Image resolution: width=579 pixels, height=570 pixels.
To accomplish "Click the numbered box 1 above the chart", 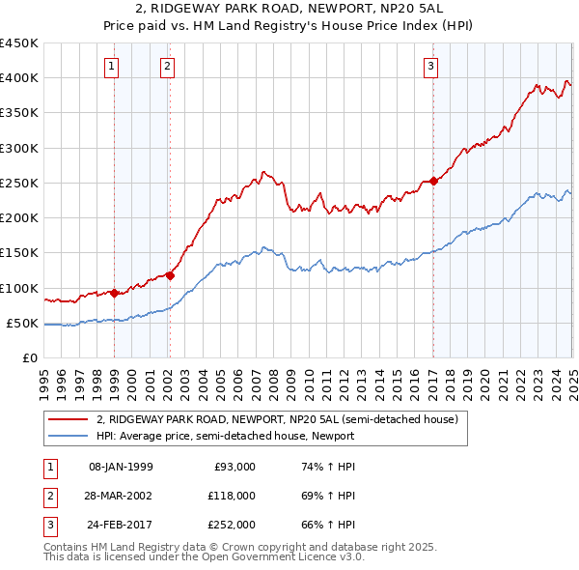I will pyautogui.click(x=114, y=67).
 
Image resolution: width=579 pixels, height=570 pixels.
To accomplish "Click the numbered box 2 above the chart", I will pyautogui.click(x=168, y=67).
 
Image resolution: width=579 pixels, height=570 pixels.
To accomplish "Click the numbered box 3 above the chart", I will pyautogui.click(x=430, y=67).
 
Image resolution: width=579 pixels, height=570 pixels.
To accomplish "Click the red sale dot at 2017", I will pyautogui.click(x=433, y=181).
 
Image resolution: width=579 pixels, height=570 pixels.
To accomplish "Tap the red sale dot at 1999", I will pyautogui.click(x=115, y=292).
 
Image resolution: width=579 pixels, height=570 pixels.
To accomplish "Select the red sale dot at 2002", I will pyautogui.click(x=171, y=274).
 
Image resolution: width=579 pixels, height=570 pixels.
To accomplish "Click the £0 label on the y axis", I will pyautogui.click(x=29, y=357).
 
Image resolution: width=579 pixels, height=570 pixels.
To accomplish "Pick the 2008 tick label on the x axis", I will pyautogui.click(x=274, y=378).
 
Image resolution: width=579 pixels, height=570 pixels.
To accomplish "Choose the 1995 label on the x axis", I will pyautogui.click(x=44, y=378).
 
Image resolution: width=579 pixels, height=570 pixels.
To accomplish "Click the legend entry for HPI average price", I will pyautogui.click(x=225, y=436).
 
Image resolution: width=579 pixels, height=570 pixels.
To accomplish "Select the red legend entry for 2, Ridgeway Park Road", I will pyautogui.click(x=282, y=419).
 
